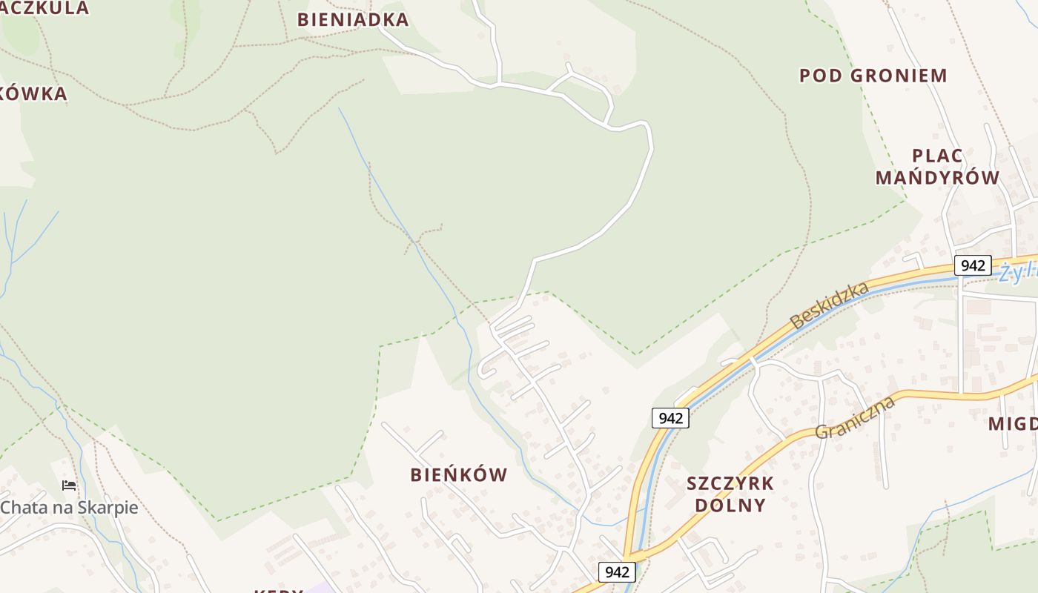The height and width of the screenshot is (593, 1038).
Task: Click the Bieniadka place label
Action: [353, 20]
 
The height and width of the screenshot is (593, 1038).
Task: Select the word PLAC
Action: [937, 156]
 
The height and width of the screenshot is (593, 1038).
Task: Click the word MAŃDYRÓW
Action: [937, 178]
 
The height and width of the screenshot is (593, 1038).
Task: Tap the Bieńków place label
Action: [459, 475]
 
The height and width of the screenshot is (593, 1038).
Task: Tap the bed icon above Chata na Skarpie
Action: [69, 486]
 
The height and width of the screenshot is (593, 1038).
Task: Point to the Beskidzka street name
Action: [829, 305]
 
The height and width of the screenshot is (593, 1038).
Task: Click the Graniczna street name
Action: [855, 417]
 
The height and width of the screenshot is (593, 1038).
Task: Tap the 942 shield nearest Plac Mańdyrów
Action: [972, 265]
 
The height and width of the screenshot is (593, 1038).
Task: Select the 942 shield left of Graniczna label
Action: [670, 418]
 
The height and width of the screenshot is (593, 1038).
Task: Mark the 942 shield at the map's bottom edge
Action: [617, 572]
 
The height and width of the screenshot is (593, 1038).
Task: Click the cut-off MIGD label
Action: [1013, 424]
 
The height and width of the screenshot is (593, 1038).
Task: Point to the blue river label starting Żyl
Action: [1017, 272]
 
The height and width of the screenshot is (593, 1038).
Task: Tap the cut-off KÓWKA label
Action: [33, 94]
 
